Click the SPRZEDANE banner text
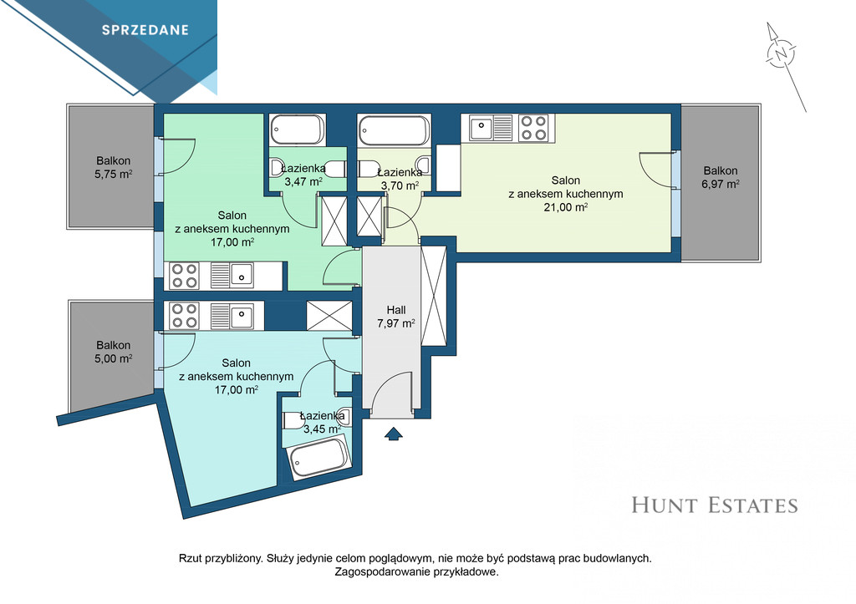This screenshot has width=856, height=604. click(x=145, y=30)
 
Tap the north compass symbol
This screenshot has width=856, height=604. click(x=782, y=53)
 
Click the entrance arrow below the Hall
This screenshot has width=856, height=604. click(x=394, y=434)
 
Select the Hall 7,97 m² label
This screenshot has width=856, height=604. click(x=395, y=317)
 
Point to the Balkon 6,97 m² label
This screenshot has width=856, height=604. click(x=720, y=177)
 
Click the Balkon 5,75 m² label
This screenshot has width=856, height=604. click(x=114, y=168)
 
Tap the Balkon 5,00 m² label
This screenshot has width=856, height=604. click(x=114, y=352)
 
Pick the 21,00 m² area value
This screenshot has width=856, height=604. click(x=566, y=207)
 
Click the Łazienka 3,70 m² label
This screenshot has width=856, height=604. click(x=400, y=179)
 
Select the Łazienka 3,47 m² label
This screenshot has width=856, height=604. click(x=303, y=175)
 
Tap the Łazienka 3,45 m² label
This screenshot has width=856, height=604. click(x=322, y=423)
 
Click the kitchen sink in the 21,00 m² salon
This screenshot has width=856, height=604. click(x=481, y=128)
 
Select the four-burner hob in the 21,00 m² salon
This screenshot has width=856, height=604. click(x=534, y=128)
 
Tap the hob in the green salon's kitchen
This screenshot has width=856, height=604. click(x=184, y=276)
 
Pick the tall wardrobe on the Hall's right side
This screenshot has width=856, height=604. click(x=434, y=295)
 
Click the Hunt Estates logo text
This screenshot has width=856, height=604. click(x=715, y=505)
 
